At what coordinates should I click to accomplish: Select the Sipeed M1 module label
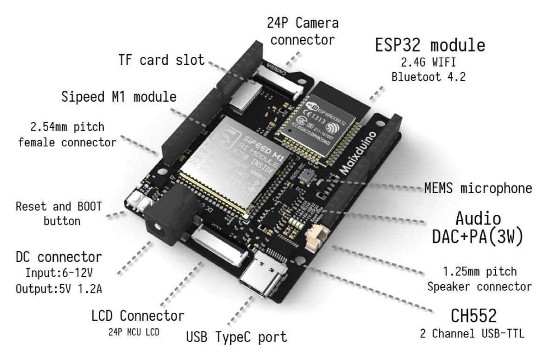[x=119, y=97]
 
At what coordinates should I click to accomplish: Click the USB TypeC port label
[x=236, y=337]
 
